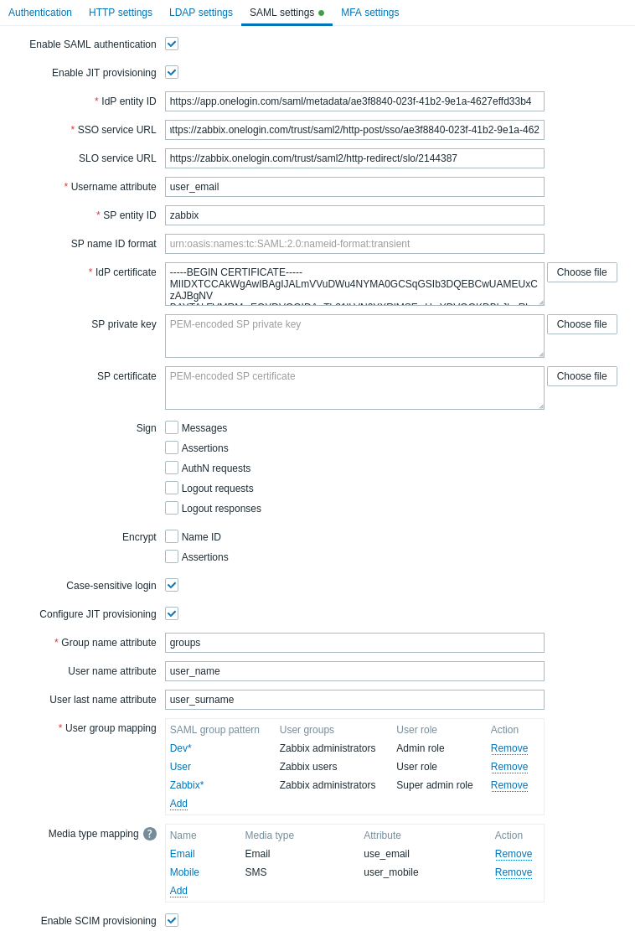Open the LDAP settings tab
click(201, 13)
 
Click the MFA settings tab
click(369, 13)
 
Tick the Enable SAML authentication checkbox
click(172, 44)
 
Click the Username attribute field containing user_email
click(354, 187)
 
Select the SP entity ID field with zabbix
click(354, 215)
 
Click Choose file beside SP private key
click(581, 324)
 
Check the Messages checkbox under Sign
click(172, 427)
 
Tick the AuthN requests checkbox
click(172, 468)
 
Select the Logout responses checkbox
click(172, 508)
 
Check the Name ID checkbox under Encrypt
click(172, 536)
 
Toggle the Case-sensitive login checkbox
click(172, 585)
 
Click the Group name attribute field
click(354, 643)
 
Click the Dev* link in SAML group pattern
click(181, 748)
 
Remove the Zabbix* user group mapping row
click(509, 785)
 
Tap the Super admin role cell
click(434, 785)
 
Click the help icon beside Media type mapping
click(150, 834)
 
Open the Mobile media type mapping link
click(184, 872)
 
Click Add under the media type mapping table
click(178, 891)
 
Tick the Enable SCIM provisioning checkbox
click(172, 920)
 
